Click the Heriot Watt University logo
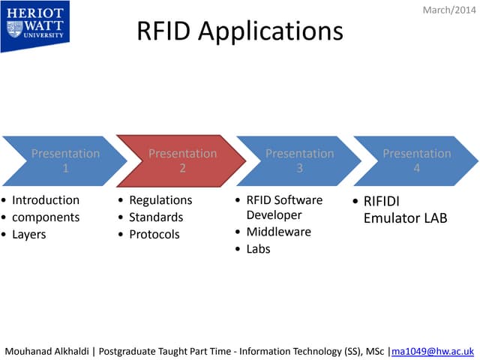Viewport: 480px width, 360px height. [x=35, y=25]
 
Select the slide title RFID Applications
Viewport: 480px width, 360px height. [x=239, y=31]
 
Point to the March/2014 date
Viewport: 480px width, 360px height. [x=449, y=10]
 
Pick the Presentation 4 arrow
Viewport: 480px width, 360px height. [x=415, y=160]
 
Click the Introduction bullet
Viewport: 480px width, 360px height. [x=46, y=200]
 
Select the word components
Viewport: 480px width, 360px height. [x=46, y=217]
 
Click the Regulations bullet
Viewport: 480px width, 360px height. [x=160, y=200]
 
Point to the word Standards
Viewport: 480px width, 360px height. [x=156, y=217]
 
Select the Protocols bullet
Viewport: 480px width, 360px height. [x=154, y=235]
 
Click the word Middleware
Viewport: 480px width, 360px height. [x=278, y=232]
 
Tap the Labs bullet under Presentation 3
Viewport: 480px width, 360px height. [x=258, y=249]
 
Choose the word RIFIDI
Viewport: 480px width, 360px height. [x=382, y=201]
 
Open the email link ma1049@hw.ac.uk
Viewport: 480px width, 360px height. [x=433, y=350]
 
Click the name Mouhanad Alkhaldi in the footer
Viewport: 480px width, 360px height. [x=47, y=350]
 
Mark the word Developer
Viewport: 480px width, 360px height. [x=274, y=215]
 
